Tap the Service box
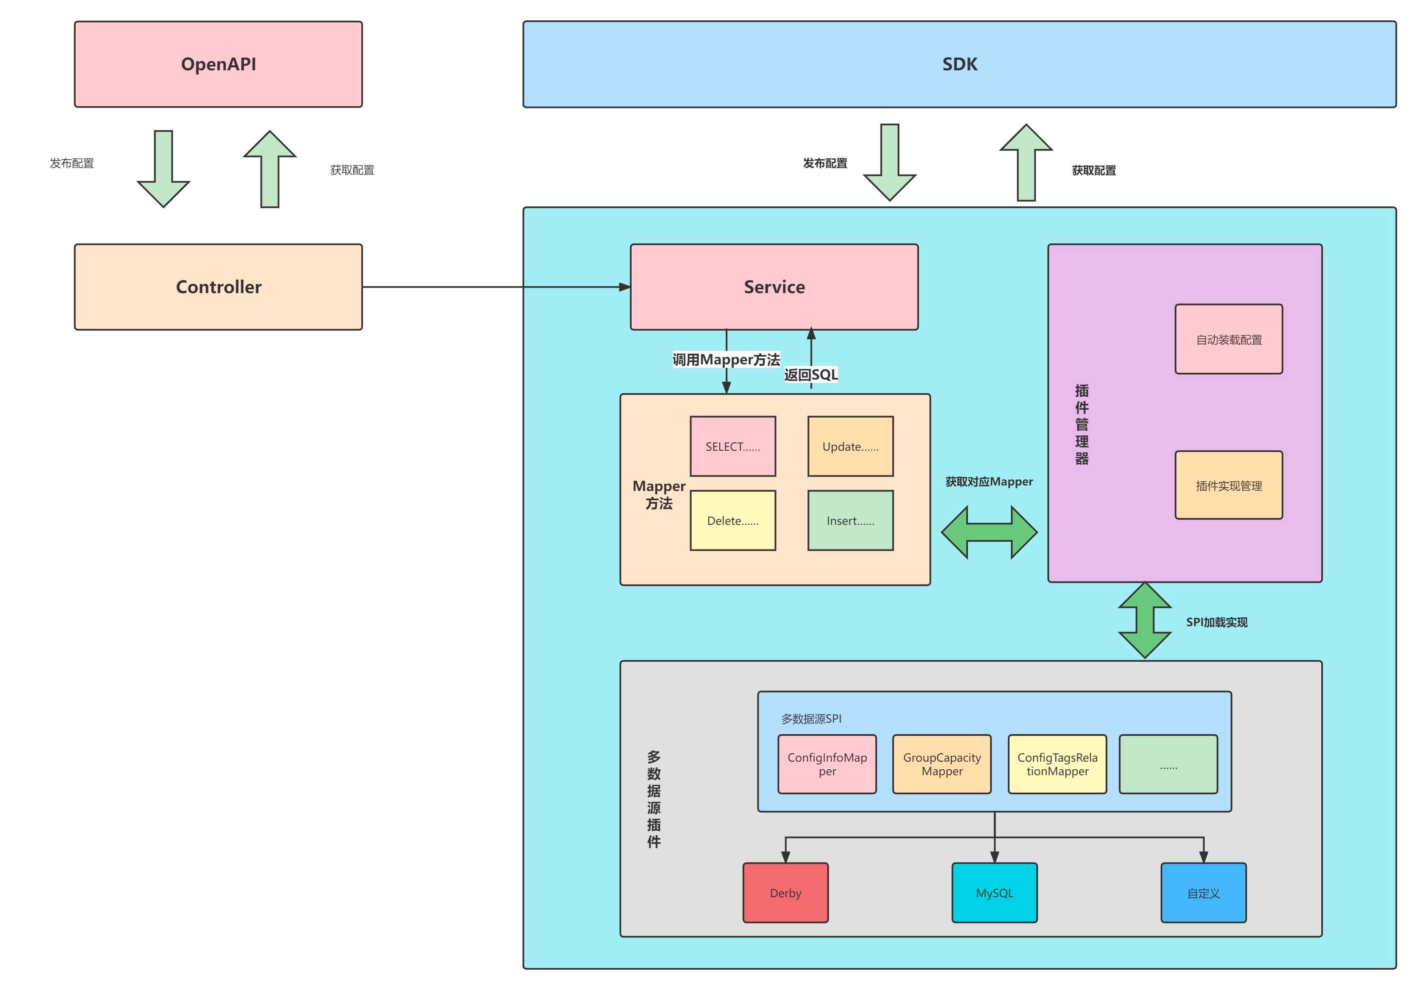pyautogui.click(x=774, y=287)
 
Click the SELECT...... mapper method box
pyautogui.click(x=732, y=446)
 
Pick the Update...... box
pyautogui.click(x=851, y=446)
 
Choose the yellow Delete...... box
pyautogui.click(x=732, y=520)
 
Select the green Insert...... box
pyautogui.click(x=851, y=520)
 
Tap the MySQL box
pyautogui.click(x=994, y=893)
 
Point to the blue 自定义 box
pyautogui.click(x=1203, y=893)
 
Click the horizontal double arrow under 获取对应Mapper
pyautogui.click(x=989, y=532)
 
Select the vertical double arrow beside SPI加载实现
pyautogui.click(x=1145, y=620)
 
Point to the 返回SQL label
pyautogui.click(x=811, y=374)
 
